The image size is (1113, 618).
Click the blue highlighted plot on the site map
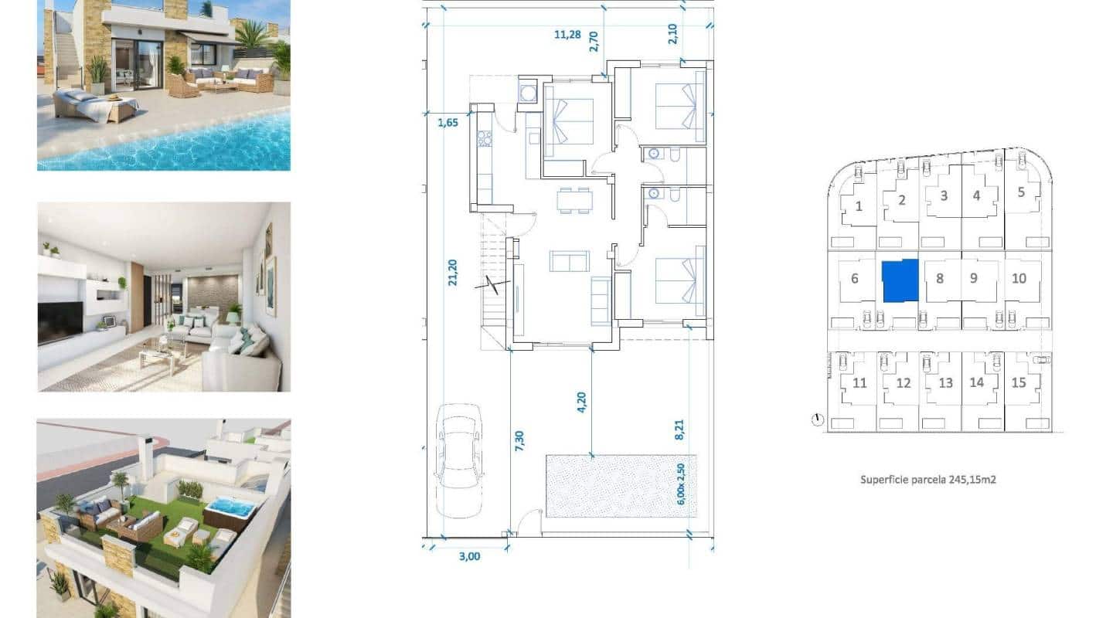(900, 280)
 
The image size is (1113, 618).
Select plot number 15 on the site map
(1019, 382)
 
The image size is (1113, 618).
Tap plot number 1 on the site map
(859, 206)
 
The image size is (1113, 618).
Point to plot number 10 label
(1019, 278)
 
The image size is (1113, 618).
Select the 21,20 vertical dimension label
(452, 273)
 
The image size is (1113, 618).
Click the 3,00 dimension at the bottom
(469, 555)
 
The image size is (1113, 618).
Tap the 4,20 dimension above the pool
(582, 402)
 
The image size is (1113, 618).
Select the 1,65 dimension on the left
(448, 122)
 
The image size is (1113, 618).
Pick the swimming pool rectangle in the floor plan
(621, 485)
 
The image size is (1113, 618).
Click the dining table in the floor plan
(575, 200)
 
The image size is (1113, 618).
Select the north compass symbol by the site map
(818, 420)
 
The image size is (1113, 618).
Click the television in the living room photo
(60, 321)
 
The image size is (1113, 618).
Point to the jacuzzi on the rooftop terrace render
(230, 509)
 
